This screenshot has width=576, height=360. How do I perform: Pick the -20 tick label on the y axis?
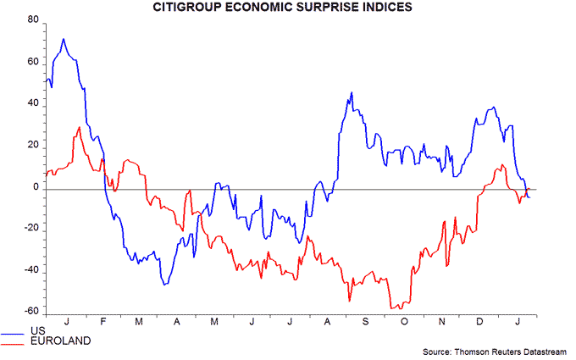[x=30, y=229]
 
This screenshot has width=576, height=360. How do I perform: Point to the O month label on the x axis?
[x=405, y=323]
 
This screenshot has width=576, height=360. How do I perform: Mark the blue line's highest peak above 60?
[x=63, y=39]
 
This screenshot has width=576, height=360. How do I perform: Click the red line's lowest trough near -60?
[x=394, y=308]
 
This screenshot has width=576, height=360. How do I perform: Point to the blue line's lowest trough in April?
[x=164, y=285]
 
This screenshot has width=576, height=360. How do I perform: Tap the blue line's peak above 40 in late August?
[x=350, y=92]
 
